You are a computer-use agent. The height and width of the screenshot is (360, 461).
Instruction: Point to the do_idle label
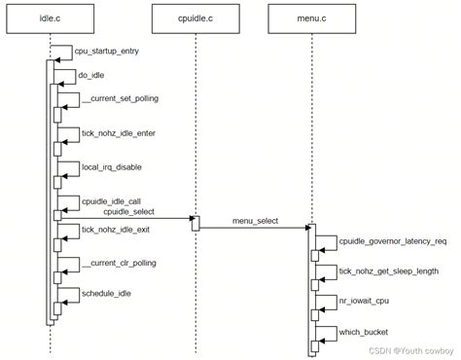(x=91, y=74)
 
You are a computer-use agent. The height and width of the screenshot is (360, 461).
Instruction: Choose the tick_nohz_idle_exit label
(x=117, y=230)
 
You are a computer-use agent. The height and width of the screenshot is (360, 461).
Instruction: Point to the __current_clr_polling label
(x=119, y=263)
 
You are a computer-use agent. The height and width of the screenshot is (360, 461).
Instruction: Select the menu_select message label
(x=255, y=221)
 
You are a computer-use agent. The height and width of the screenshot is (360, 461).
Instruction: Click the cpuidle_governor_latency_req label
(x=392, y=239)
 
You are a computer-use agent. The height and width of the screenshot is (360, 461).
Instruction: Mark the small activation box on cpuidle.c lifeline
(x=195, y=224)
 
